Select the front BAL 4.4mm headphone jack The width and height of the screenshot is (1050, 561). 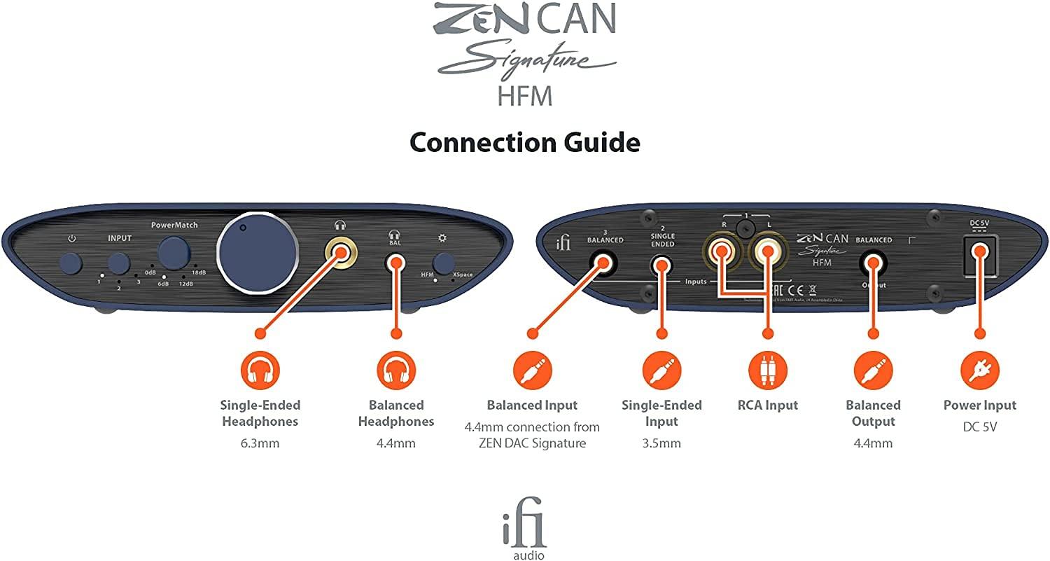(395, 263)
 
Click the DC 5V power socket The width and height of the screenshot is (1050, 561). (979, 253)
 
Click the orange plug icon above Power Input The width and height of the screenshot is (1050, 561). (979, 370)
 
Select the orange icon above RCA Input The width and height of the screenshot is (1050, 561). (768, 370)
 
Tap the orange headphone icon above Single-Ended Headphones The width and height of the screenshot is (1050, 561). (260, 370)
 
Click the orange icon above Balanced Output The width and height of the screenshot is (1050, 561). (873, 370)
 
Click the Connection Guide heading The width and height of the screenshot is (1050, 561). (524, 143)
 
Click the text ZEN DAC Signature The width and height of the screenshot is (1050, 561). (532, 443)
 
